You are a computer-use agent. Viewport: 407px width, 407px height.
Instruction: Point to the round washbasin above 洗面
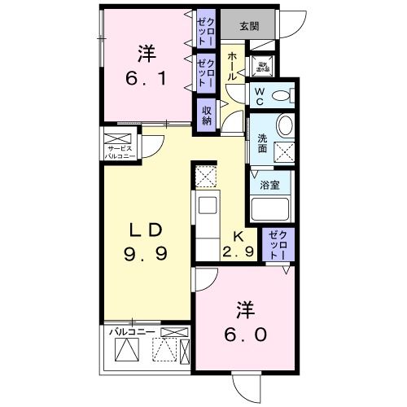click(285, 126)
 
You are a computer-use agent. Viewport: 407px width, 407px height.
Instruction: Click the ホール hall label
click(232, 65)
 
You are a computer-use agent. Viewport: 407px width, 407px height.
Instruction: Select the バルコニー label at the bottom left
click(126, 332)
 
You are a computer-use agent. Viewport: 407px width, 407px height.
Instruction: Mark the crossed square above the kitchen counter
click(205, 175)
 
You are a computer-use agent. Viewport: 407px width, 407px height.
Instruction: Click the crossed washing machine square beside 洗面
click(285, 150)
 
